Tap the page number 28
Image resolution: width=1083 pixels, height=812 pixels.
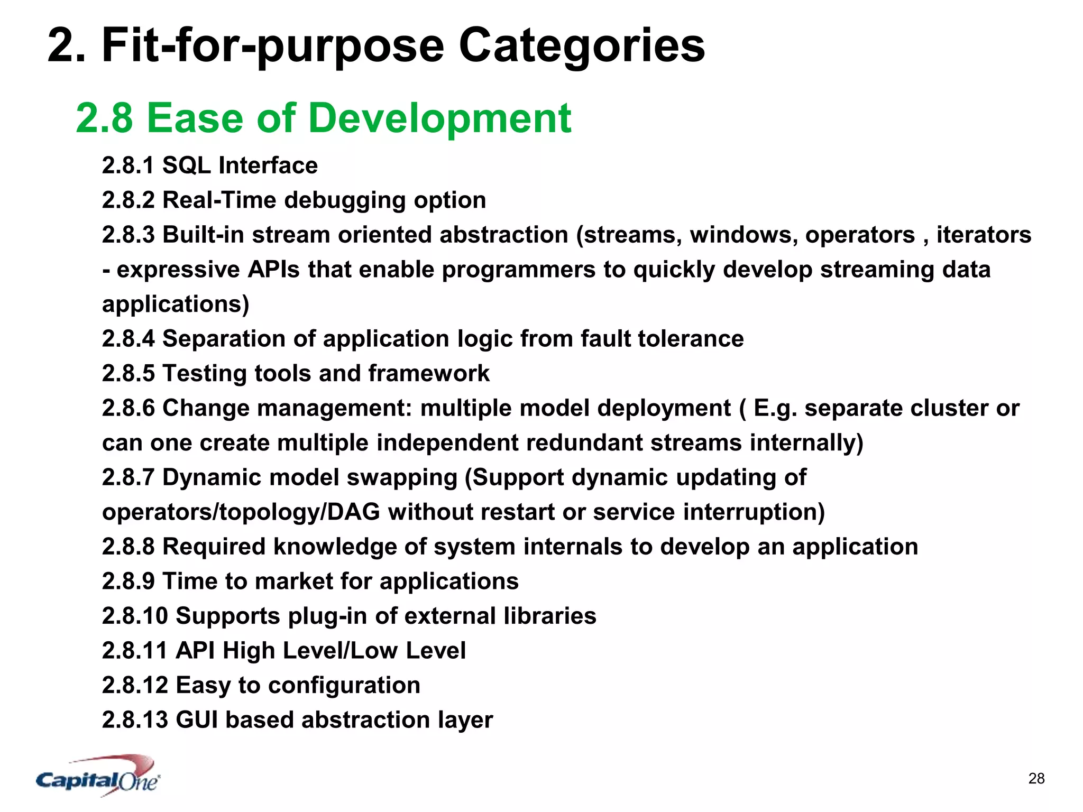point(1036,778)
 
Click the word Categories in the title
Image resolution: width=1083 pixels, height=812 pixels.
point(581,46)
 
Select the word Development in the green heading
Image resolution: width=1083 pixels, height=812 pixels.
point(439,118)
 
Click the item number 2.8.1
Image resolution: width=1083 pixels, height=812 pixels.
point(128,165)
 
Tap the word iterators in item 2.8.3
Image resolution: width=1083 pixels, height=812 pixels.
point(984,235)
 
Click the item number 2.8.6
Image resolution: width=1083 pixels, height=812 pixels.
point(128,408)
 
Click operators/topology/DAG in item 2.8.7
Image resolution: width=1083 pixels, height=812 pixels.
point(241,512)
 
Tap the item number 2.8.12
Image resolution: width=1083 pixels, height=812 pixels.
point(134,685)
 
